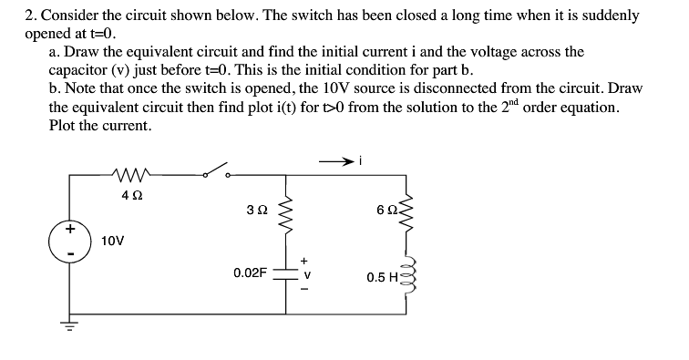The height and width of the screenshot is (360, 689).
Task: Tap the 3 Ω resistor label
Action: pos(255,212)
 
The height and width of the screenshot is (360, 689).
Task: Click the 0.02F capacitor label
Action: pos(250,273)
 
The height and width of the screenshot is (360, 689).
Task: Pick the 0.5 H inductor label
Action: pos(383,277)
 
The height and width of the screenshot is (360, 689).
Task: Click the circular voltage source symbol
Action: pos(63,239)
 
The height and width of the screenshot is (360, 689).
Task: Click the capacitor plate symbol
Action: pos(286,273)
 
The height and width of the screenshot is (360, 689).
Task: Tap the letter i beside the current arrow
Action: pos(362,160)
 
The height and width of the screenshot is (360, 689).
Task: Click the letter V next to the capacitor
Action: pos(306,272)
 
